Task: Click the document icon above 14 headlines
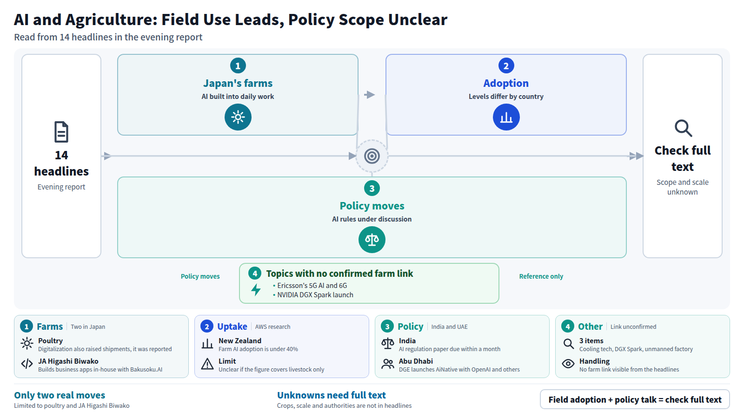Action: [61, 132]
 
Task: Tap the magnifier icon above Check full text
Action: [683, 128]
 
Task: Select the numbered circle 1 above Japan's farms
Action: [238, 65]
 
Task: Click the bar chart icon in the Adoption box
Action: [506, 117]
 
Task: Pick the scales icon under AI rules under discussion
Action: [372, 240]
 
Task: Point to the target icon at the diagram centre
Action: [372, 156]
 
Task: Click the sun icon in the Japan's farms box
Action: [238, 117]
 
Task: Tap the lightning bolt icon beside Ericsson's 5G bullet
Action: [256, 290]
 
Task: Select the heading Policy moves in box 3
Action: [372, 206]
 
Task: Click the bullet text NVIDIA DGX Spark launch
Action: [315, 295]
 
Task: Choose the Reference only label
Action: [541, 276]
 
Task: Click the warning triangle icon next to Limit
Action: [207, 364]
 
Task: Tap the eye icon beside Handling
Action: [568, 364]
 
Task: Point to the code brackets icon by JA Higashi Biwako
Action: [27, 364]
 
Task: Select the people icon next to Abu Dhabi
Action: [388, 364]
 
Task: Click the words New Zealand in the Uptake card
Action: [240, 341]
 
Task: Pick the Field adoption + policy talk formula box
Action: [635, 399]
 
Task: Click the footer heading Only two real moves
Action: [60, 395]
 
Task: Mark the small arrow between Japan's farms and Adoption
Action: [369, 95]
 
